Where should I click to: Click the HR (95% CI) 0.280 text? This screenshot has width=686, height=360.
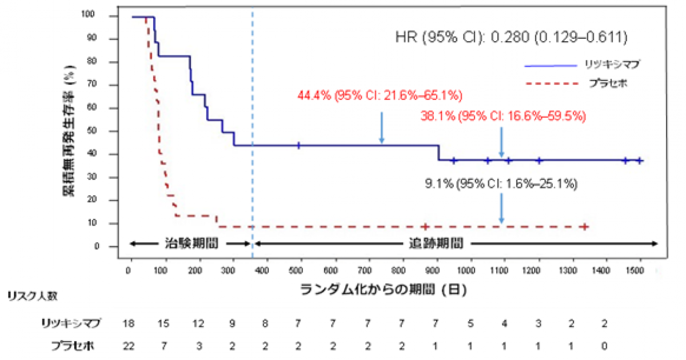[x=512, y=38]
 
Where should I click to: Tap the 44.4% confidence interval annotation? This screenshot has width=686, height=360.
[x=380, y=95]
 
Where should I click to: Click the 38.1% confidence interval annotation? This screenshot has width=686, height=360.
[x=503, y=116]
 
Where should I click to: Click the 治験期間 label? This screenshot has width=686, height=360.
[x=188, y=243]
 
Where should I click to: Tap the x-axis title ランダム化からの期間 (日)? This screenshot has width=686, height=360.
[x=384, y=289]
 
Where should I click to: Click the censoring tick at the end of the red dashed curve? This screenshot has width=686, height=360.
[x=585, y=227]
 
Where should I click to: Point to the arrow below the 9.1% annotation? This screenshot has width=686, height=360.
[x=501, y=208]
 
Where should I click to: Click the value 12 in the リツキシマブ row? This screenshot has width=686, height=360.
[x=198, y=323]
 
